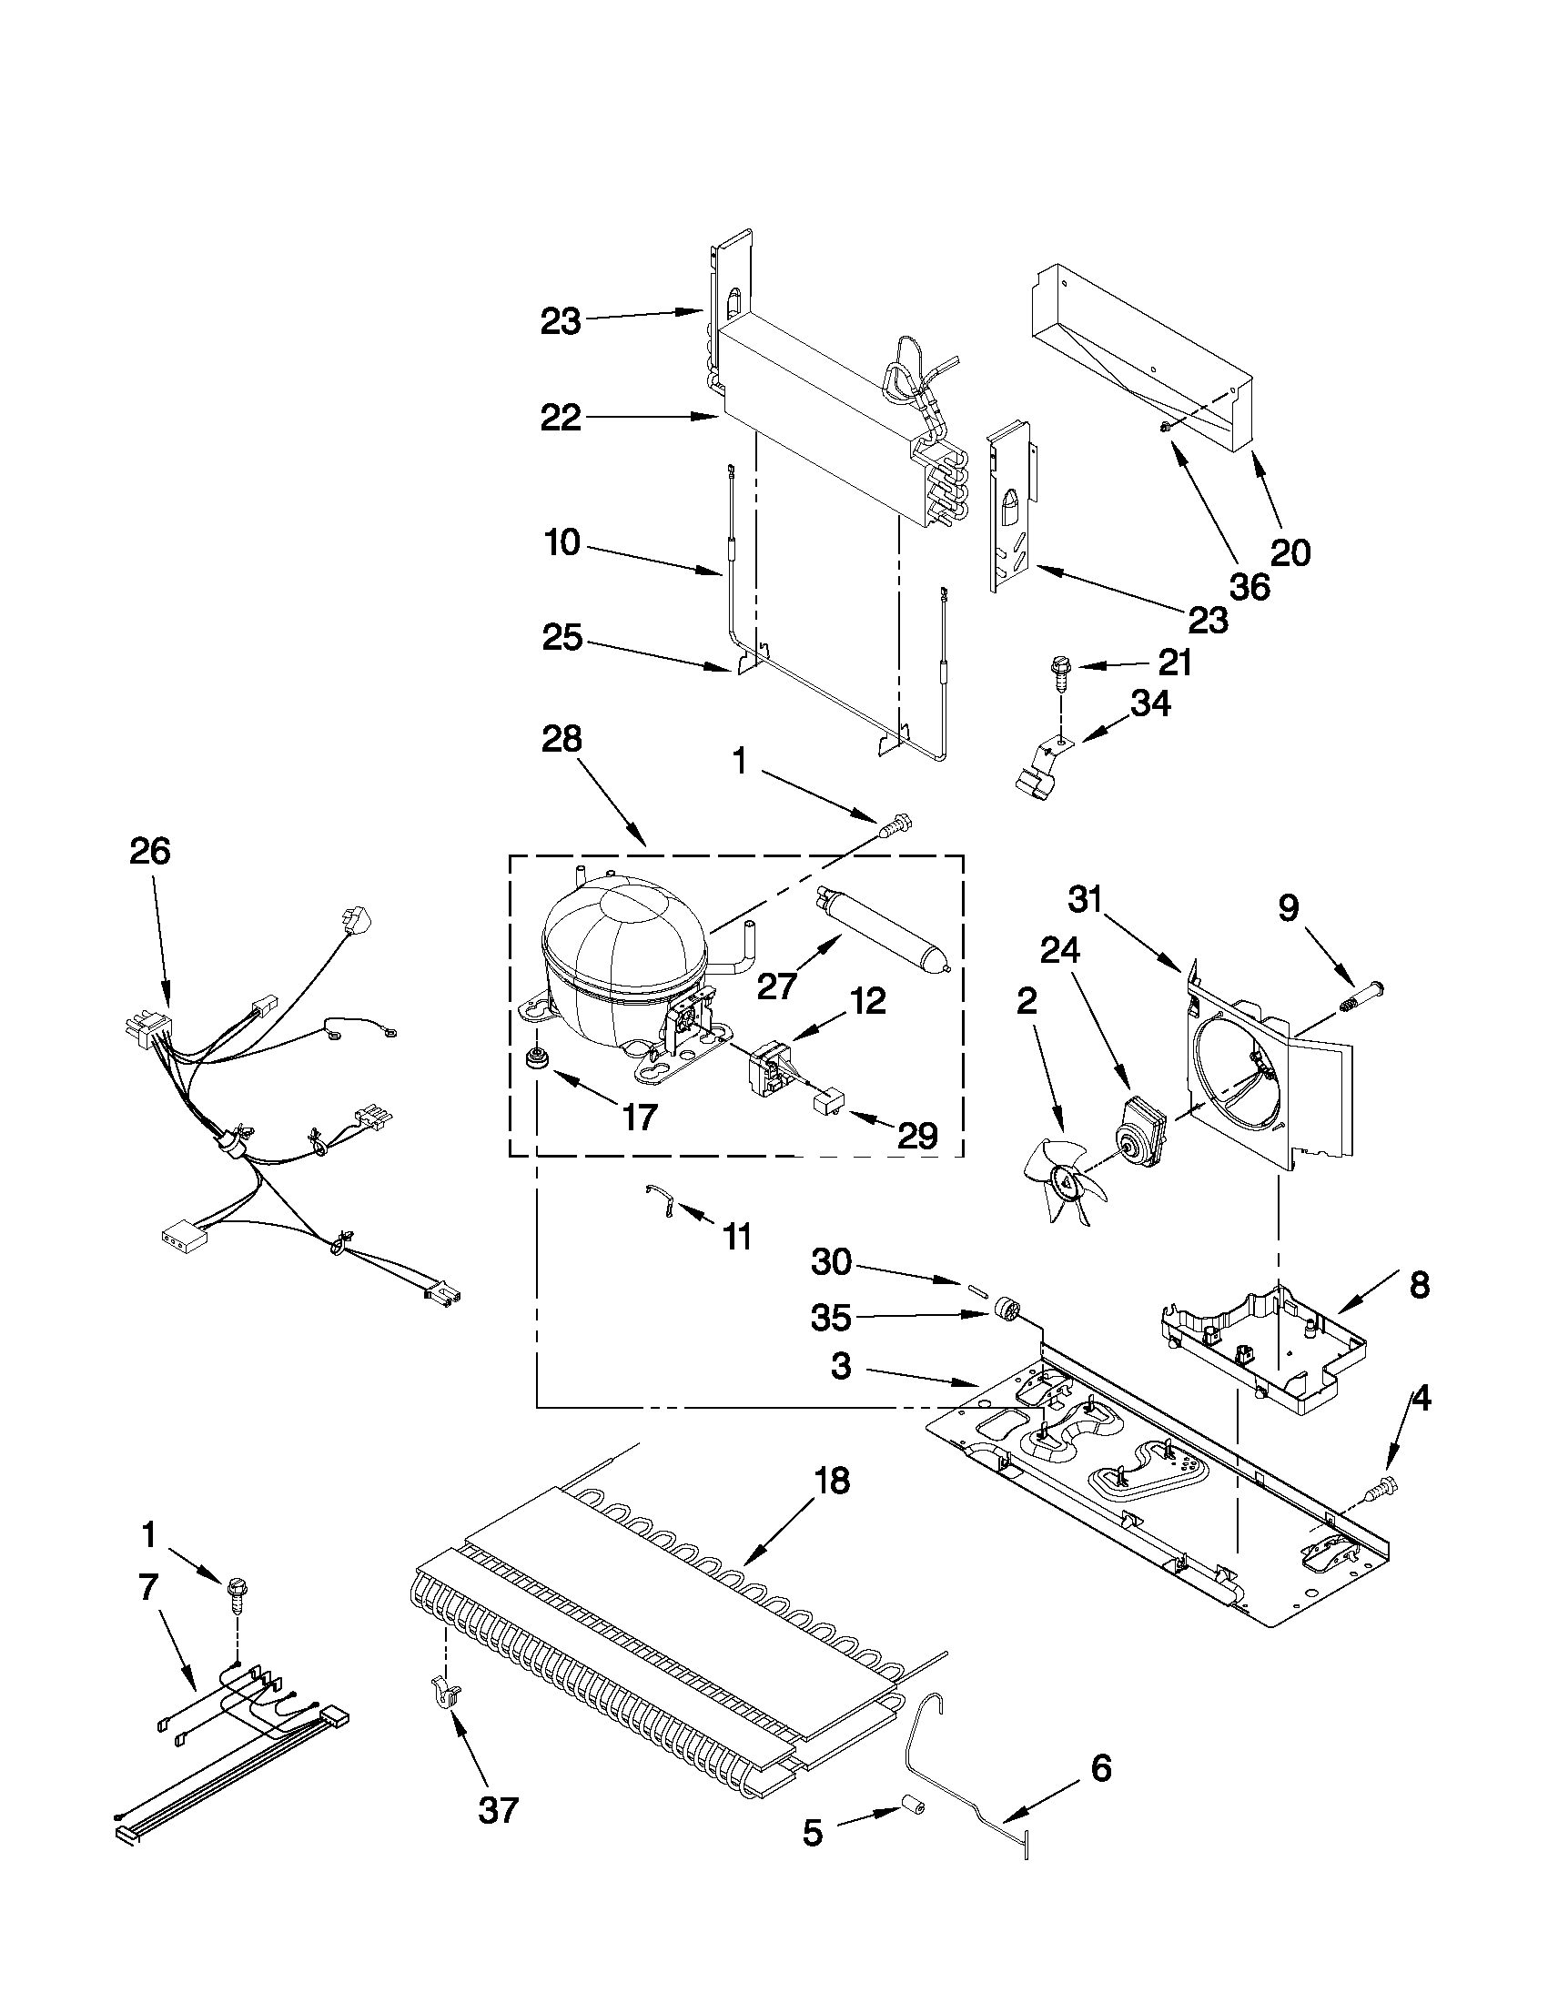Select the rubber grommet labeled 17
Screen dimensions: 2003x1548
(534, 1059)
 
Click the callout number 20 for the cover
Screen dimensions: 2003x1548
(1290, 551)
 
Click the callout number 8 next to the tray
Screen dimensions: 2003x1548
(1418, 1285)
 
